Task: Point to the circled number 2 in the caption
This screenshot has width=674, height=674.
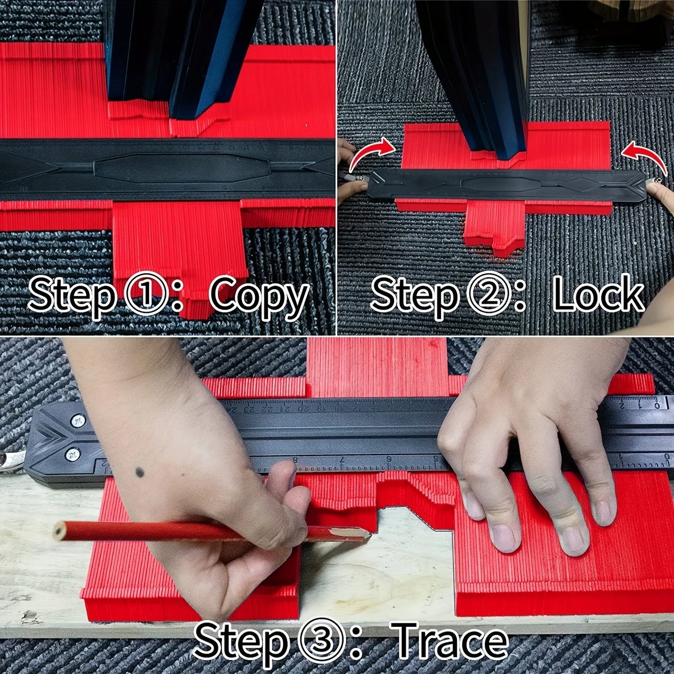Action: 487,294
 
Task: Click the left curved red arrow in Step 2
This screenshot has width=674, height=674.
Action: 371,153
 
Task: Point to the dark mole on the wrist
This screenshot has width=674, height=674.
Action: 140,472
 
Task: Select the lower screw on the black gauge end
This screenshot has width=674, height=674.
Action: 72,454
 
